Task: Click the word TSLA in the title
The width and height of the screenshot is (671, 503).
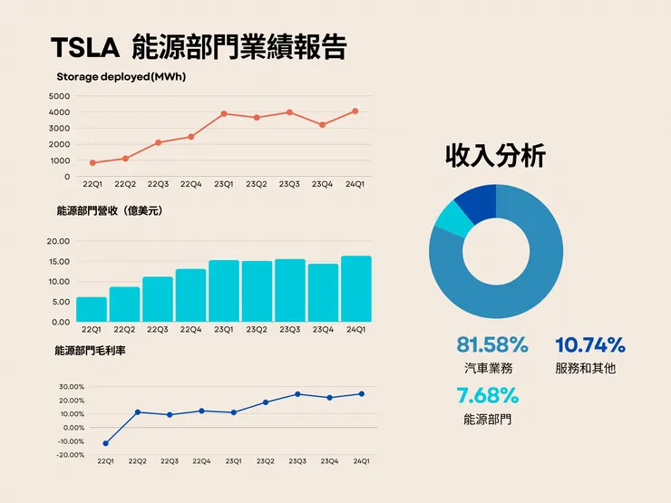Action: pyautogui.click(x=83, y=47)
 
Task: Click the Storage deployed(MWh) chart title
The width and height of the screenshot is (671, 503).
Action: pyautogui.click(x=121, y=77)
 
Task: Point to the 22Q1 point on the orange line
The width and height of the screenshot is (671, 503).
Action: pyautogui.click(x=92, y=163)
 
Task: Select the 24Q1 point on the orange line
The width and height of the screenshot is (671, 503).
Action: pyautogui.click(x=355, y=111)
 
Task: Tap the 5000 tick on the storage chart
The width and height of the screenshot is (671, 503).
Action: pyautogui.click(x=59, y=96)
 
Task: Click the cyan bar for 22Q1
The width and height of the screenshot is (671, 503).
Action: pyautogui.click(x=92, y=309)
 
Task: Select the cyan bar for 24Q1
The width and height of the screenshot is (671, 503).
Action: pyautogui.click(x=355, y=289)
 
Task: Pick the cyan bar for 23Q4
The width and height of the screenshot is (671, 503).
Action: pyautogui.click(x=323, y=293)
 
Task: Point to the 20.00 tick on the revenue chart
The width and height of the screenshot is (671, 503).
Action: pyautogui.click(x=58, y=241)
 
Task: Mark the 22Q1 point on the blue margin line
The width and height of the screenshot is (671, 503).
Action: pyautogui.click(x=106, y=443)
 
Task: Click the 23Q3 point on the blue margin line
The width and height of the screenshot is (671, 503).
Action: pyautogui.click(x=297, y=394)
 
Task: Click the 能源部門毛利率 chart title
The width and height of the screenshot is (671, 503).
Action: pyautogui.click(x=91, y=351)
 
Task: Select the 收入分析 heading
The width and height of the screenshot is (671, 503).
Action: pyautogui.click(x=495, y=156)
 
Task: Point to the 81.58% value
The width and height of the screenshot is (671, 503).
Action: pyautogui.click(x=492, y=345)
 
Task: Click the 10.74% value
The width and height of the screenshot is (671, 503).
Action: pyautogui.click(x=589, y=345)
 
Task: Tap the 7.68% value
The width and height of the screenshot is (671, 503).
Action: pyautogui.click(x=487, y=395)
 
